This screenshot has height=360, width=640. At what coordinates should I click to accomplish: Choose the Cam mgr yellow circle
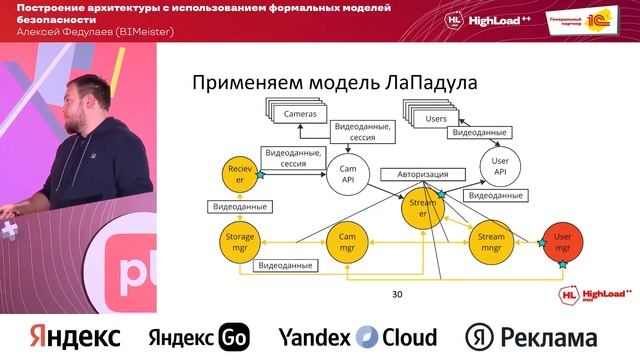[x=348, y=241]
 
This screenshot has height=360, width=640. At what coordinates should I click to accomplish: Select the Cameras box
[x=299, y=115]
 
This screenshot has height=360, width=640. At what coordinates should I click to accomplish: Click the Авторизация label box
[x=423, y=172]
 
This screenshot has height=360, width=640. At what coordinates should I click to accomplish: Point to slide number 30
[x=397, y=294]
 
